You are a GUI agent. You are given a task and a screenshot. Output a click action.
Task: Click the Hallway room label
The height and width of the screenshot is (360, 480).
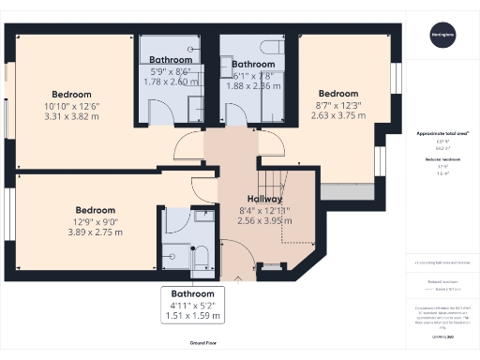coord(265,199)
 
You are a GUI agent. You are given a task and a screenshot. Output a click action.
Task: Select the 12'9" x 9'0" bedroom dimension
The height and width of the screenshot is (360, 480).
coord(95,221)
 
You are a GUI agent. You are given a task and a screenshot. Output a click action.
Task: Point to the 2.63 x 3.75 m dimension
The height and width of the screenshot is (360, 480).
coord(338,116)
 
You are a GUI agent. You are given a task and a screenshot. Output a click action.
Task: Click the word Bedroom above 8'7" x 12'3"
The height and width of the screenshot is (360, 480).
coord(338,94)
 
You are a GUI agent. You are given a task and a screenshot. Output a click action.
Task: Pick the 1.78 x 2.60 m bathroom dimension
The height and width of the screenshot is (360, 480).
coord(172,82)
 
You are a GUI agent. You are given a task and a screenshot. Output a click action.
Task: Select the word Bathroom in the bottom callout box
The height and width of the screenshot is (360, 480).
coord(191,292)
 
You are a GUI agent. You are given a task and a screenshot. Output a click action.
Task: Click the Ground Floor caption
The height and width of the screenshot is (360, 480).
coord(209,344)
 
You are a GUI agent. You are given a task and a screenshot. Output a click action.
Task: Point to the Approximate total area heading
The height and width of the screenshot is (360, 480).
coord(442,134)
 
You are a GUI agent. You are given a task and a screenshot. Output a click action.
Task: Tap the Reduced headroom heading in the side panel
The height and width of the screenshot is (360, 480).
coord(442,160)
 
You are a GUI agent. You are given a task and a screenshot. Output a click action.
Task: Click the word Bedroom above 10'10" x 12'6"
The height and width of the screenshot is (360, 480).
coord(72,95)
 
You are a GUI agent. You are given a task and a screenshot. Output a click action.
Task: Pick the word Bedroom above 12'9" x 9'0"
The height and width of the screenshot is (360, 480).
coord(95,210)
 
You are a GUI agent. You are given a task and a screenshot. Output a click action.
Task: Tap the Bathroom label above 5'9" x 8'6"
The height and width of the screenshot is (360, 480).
coord(172,61)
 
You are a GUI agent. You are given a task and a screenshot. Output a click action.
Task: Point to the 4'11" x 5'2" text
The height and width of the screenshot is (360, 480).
coord(191,304)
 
